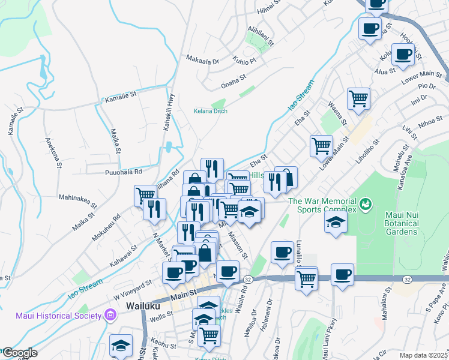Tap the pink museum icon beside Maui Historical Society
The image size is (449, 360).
110,314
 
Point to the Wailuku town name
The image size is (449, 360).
143,305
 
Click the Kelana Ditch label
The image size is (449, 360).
210,111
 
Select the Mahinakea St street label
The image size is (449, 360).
77,197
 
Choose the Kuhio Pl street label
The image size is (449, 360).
244,61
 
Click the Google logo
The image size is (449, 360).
19,353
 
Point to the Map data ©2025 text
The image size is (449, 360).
423,355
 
